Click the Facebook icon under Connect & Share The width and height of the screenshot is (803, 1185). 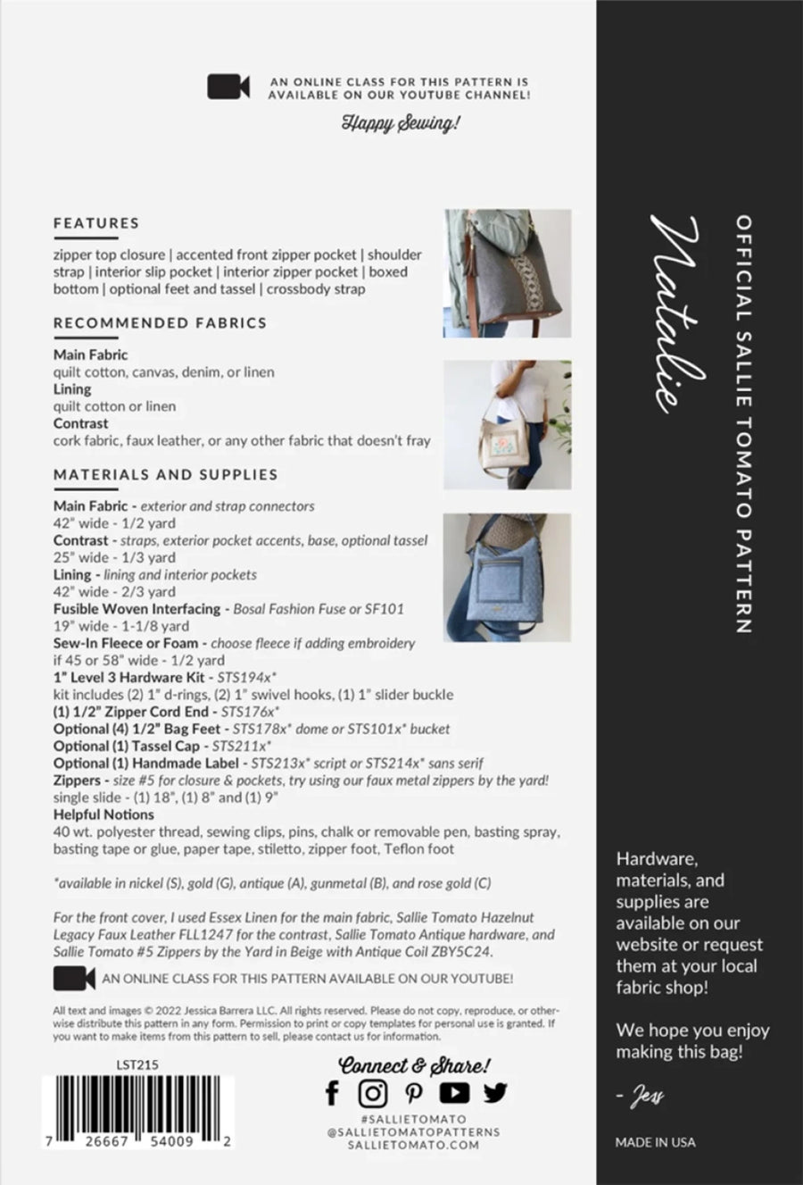point(332,1092)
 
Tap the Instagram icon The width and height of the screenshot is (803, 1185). point(373,1092)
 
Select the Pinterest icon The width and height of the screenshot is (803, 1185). point(414,1092)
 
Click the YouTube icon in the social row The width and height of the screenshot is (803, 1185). point(454,1092)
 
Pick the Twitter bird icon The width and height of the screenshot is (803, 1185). point(495,1092)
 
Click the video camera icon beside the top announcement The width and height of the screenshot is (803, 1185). point(228,87)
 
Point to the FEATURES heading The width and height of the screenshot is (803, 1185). point(96,223)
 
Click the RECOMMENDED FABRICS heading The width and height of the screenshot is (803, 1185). point(160,323)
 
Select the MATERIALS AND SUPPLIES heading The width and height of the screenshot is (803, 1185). point(165,475)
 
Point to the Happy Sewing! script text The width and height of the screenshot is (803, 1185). point(401,122)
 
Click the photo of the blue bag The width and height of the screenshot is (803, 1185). point(507,577)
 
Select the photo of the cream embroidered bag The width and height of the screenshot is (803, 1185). point(507,424)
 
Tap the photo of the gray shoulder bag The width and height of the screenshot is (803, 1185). point(507,273)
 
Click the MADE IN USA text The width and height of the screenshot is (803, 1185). point(655,1142)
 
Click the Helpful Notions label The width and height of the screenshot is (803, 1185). point(103,814)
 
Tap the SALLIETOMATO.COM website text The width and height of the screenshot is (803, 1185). point(413,1145)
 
